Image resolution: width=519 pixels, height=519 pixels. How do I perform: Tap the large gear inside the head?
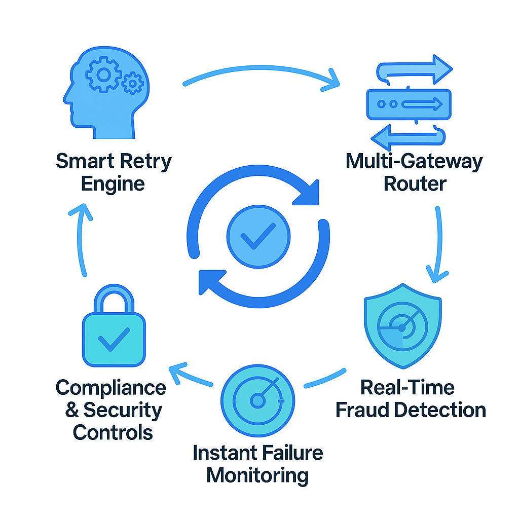pyautogui.click(x=104, y=75)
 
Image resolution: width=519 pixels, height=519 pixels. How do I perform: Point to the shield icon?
pyautogui.click(x=402, y=329)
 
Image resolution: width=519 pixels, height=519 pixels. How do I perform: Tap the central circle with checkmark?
pyautogui.click(x=258, y=236)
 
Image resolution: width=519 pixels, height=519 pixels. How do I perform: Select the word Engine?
pyautogui.click(x=113, y=183)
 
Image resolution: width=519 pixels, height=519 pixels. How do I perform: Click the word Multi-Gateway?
pyautogui.click(x=414, y=162)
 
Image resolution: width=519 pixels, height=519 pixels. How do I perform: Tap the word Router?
pyautogui.click(x=415, y=183)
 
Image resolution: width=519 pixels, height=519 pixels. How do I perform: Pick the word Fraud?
pyautogui.click(x=363, y=410)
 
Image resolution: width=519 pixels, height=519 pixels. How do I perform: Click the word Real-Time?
pyautogui.click(x=407, y=388)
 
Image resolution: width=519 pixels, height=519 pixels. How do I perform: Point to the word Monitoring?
pyautogui.click(x=257, y=475)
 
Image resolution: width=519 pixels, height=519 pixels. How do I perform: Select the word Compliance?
pyautogui.click(x=111, y=388)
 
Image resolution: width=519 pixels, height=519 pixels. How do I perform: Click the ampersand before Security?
pyautogui.click(x=72, y=410)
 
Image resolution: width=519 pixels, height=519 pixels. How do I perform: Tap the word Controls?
pyautogui.click(x=113, y=432)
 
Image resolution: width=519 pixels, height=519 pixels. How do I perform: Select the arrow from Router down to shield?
pyautogui.click(x=438, y=243)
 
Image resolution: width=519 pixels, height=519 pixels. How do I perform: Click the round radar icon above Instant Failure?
pyautogui.click(x=258, y=400)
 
